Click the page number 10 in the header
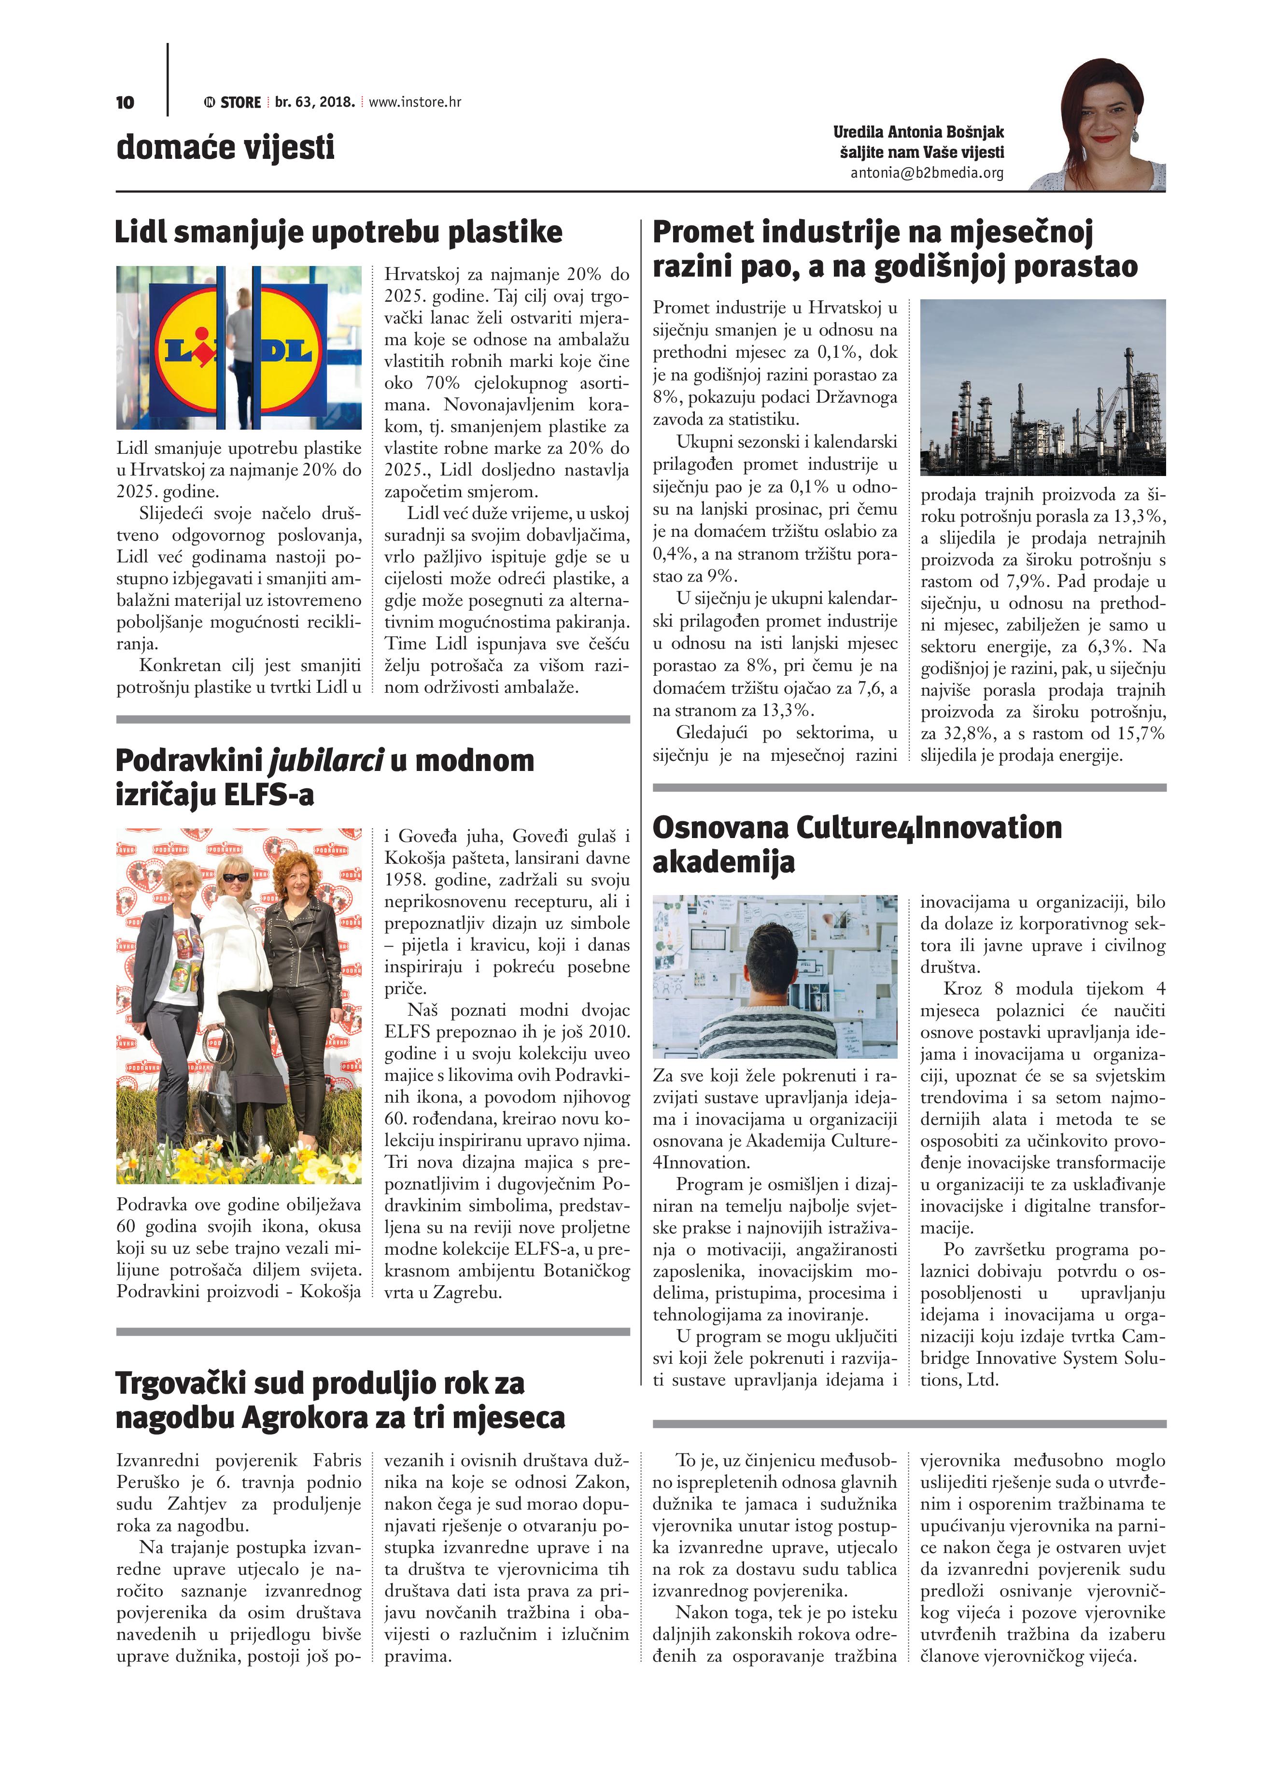[125, 103]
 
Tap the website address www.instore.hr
[415, 102]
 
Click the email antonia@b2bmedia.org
[927, 172]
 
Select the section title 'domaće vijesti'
[225, 147]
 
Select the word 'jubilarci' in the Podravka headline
[326, 760]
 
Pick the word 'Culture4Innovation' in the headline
[929, 828]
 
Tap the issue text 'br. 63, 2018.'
[314, 102]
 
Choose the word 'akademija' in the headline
[723, 862]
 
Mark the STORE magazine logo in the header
[233, 102]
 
